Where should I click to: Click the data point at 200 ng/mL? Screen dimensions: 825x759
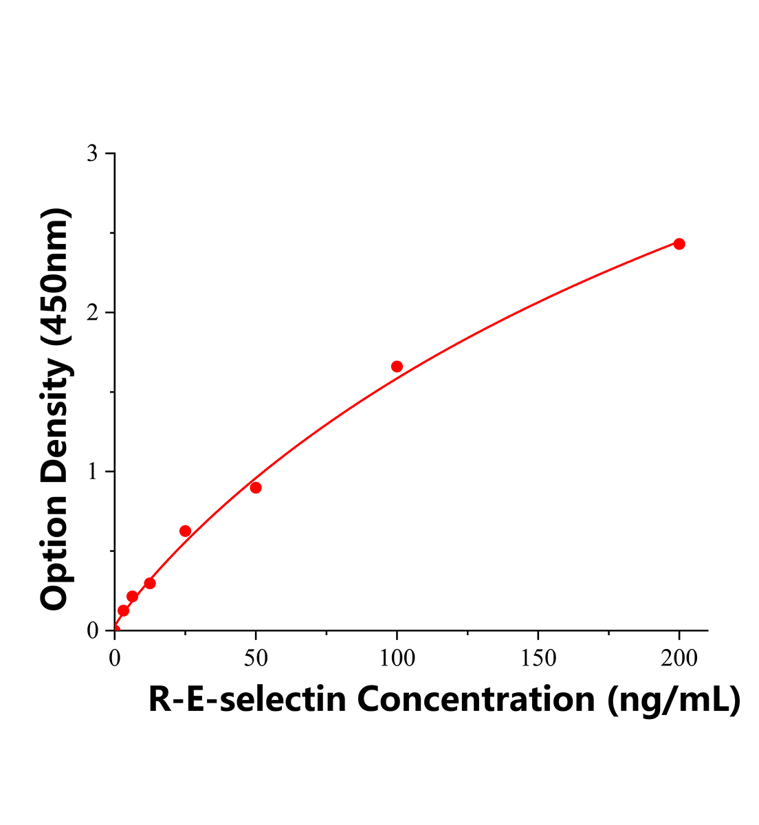click(679, 244)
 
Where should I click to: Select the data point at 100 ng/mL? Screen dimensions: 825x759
click(397, 366)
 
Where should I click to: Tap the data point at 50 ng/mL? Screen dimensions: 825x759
click(256, 487)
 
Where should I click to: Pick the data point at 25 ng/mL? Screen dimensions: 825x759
click(185, 531)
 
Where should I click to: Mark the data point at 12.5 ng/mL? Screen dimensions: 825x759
click(150, 583)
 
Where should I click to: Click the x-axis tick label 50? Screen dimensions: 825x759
click(256, 659)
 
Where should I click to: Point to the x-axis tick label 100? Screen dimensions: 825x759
click(397, 659)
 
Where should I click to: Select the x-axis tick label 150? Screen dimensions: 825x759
click(538, 659)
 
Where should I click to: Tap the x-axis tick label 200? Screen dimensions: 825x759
click(679, 659)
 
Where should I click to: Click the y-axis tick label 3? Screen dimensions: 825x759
click(92, 153)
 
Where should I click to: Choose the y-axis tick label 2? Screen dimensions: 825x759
click(92, 313)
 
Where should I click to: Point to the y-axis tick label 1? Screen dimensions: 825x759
click(92, 472)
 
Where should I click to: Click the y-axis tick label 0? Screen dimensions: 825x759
click(92, 630)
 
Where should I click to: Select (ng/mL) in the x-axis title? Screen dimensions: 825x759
click(674, 700)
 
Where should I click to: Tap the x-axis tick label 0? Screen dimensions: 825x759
click(115, 659)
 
